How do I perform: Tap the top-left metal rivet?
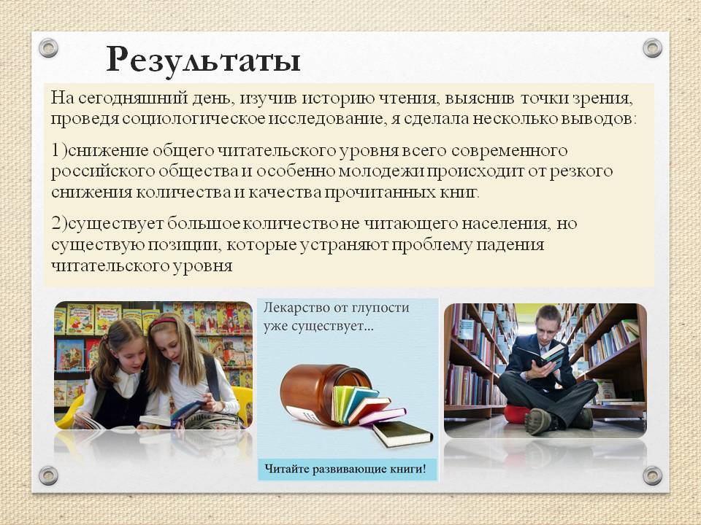[x=48, y=48]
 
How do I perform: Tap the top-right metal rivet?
[x=652, y=48]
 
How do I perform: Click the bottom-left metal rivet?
[x=48, y=475]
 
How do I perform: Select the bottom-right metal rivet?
[x=652, y=475]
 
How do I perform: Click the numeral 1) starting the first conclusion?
[x=59, y=151]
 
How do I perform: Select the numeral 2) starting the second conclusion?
[x=59, y=224]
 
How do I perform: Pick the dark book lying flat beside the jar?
[x=403, y=433]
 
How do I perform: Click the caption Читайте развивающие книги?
[x=345, y=469]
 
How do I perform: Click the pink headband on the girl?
[x=163, y=321]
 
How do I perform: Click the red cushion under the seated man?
[x=517, y=413]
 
